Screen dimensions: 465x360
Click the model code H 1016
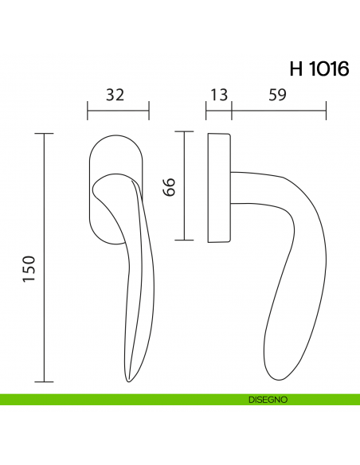pyautogui.click(x=319, y=69)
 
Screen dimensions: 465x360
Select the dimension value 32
pyautogui.click(x=116, y=95)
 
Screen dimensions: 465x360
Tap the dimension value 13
pyautogui.click(x=218, y=95)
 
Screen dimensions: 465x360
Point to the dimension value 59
pyautogui.click(x=278, y=95)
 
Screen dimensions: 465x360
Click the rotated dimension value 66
pyautogui.click(x=168, y=187)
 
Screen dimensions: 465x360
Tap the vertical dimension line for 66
pyautogui.click(x=185, y=187)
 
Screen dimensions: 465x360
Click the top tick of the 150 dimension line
pyautogui.click(x=44, y=135)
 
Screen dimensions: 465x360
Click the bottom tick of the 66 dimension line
pyautogui.click(x=185, y=240)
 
